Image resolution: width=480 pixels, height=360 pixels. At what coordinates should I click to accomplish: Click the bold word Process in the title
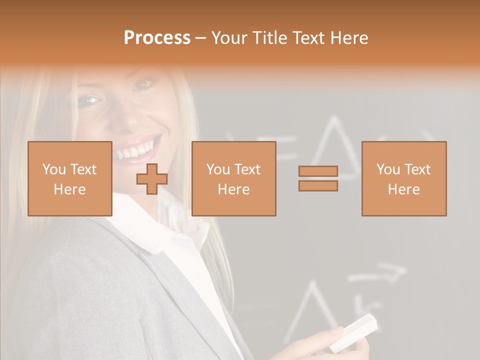coord(157,38)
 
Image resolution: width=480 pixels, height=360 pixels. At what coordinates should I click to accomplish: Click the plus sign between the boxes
coord(152,178)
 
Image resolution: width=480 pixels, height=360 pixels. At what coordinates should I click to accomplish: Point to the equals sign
coord(318,178)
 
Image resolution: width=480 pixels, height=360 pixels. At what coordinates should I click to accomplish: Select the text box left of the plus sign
coord(70,178)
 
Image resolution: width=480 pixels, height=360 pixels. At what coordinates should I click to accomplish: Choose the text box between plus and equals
coord(233,178)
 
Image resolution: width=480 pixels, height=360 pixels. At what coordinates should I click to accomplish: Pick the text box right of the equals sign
coord(404,178)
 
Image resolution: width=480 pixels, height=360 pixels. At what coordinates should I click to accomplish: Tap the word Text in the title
coord(308,38)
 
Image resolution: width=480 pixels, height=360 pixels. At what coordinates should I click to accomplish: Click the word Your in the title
coord(227,38)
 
